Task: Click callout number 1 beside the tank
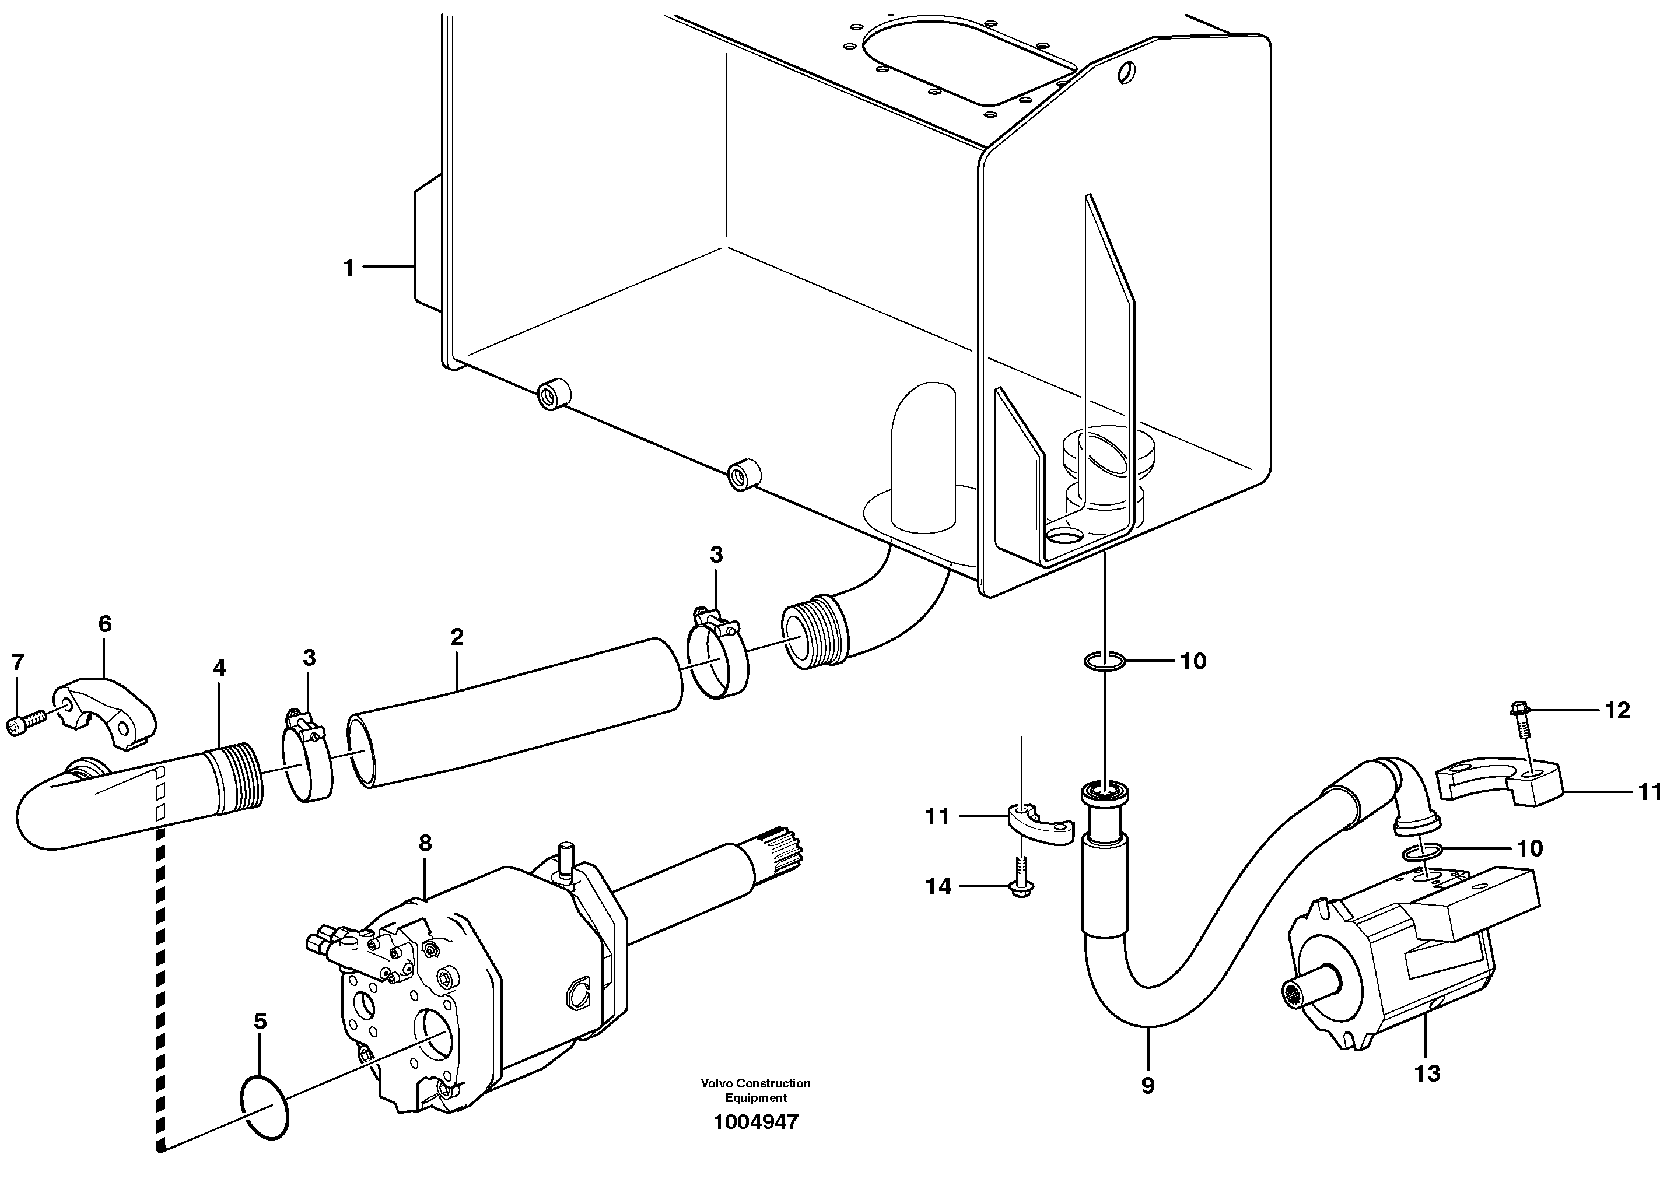[348, 268]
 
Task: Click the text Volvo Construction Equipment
[755, 1090]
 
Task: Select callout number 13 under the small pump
[1427, 1073]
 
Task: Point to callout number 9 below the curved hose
[1147, 1085]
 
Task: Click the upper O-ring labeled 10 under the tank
[1105, 662]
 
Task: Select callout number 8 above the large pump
[425, 843]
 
